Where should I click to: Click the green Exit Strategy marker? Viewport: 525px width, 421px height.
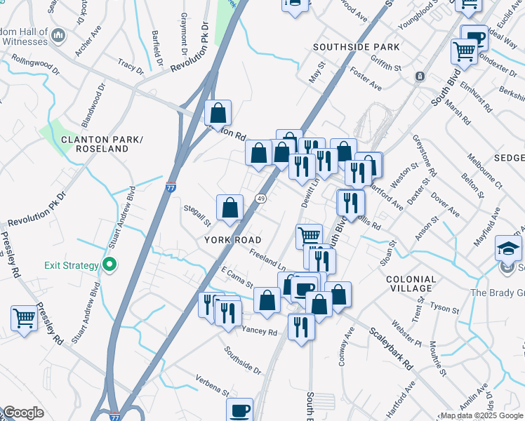(x=109, y=265)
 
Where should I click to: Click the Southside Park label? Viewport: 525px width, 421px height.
(x=357, y=47)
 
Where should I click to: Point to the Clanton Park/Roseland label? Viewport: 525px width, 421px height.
(x=102, y=145)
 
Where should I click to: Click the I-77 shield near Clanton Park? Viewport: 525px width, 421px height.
(x=171, y=188)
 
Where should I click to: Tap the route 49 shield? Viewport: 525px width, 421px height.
(x=260, y=199)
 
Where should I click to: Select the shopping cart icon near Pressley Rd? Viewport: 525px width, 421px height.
(x=25, y=318)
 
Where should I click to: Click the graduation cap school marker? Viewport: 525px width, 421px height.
(x=509, y=248)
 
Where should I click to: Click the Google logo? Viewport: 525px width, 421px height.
(x=23, y=413)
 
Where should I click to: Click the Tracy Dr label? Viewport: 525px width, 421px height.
(x=131, y=66)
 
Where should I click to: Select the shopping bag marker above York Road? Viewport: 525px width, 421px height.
(x=230, y=207)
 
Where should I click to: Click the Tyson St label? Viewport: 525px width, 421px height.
(x=444, y=307)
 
